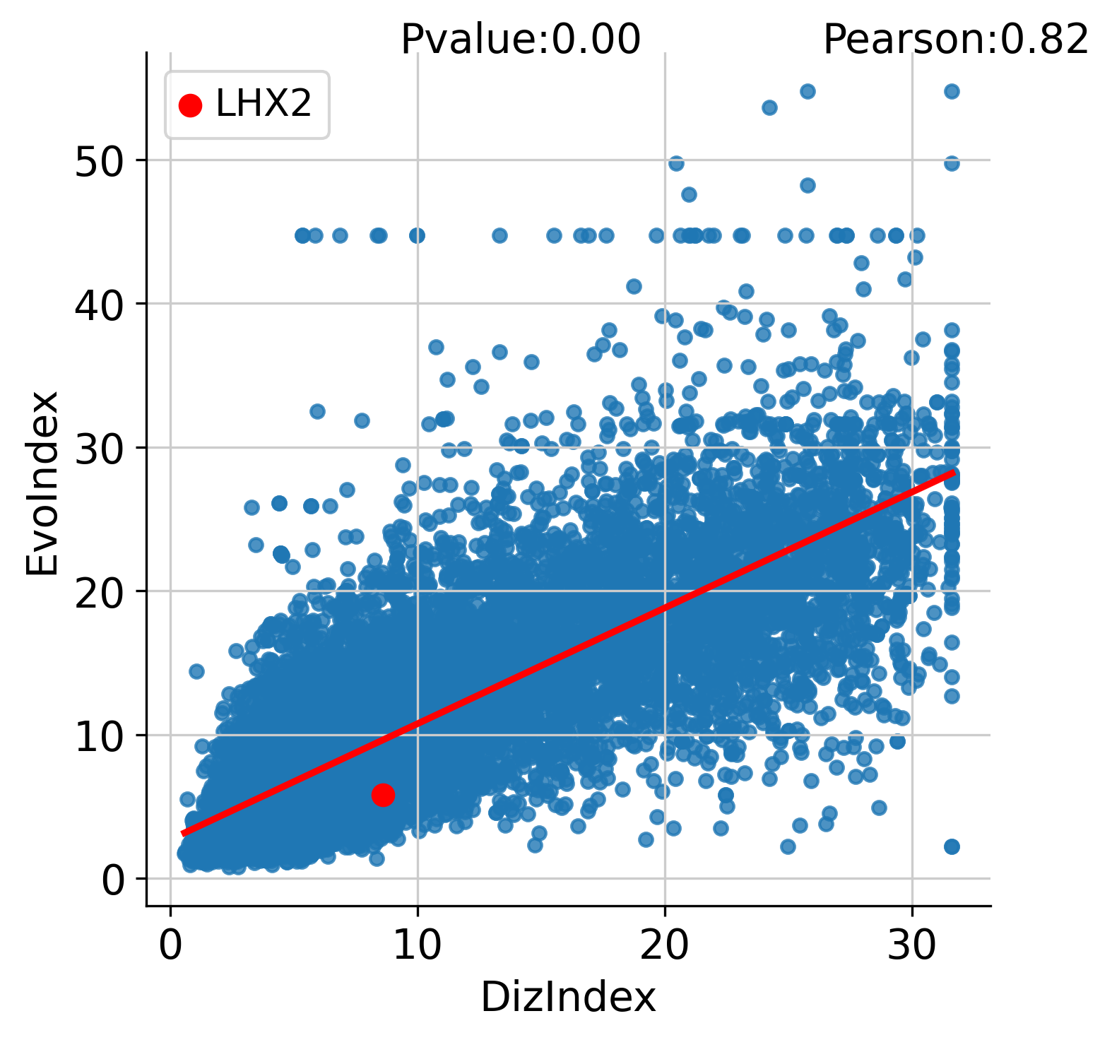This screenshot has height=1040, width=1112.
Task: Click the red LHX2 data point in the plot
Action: pyautogui.click(x=383, y=795)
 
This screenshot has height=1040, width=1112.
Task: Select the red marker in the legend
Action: pyautogui.click(x=190, y=105)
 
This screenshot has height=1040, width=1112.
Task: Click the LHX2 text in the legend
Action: pyautogui.click(x=264, y=105)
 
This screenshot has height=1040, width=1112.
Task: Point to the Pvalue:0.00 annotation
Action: pyautogui.click(x=521, y=39)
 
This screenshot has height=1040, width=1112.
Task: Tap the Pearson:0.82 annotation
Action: pyautogui.click(x=956, y=39)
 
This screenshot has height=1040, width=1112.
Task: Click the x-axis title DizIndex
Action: pyautogui.click(x=568, y=998)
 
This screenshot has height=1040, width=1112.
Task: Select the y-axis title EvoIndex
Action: pyautogui.click(x=42, y=483)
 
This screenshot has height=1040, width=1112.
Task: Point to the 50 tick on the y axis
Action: pyautogui.click(x=100, y=160)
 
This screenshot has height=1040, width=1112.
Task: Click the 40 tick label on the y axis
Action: pyautogui.click(x=100, y=304)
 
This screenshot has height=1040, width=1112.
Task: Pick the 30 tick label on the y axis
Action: pyautogui.click(x=100, y=448)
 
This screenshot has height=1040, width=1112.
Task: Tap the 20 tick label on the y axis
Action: pyautogui.click(x=100, y=591)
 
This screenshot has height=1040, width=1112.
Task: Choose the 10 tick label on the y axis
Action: pyautogui.click(x=100, y=735)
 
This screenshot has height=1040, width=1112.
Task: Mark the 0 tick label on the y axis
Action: pyautogui.click(x=113, y=880)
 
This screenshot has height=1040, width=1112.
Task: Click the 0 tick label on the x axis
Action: pyautogui.click(x=170, y=945)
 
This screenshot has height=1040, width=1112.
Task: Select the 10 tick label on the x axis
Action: pyautogui.click(x=418, y=945)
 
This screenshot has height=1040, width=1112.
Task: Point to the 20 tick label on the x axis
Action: pyautogui.click(x=665, y=945)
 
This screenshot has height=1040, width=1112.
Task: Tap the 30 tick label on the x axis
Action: pyautogui.click(x=912, y=945)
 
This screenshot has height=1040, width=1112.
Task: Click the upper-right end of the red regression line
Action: pyautogui.click(x=953, y=472)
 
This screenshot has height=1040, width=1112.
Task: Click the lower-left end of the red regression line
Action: pyautogui.click(x=183, y=834)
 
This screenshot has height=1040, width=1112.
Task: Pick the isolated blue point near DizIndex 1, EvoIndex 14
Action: pyautogui.click(x=196, y=670)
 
